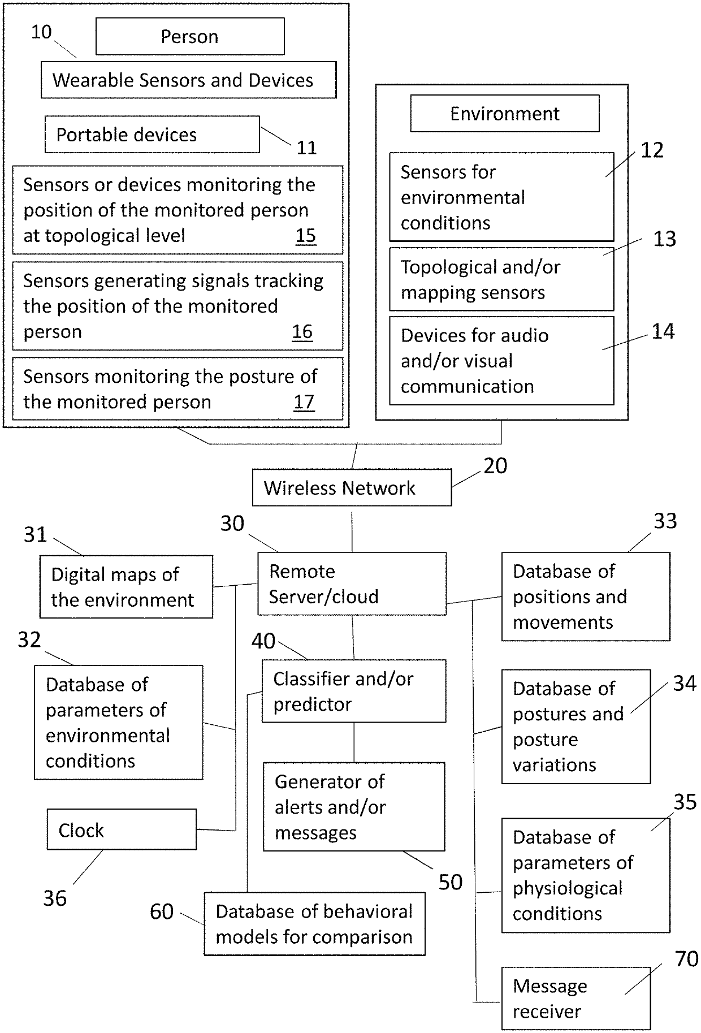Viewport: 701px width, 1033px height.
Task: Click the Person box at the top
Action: [190, 36]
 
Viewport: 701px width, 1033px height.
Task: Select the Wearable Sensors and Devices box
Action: [188, 80]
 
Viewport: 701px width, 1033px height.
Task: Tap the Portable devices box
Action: [152, 135]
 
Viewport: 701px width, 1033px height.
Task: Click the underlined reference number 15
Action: [306, 236]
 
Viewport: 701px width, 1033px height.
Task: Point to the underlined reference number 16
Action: [302, 332]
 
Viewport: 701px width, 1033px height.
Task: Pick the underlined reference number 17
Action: [304, 403]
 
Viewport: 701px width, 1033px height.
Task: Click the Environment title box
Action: [505, 113]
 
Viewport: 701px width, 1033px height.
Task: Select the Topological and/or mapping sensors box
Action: [501, 279]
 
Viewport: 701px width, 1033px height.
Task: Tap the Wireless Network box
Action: [352, 487]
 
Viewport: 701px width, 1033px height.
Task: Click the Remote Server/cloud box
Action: [352, 584]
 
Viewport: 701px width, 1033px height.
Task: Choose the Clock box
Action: [122, 829]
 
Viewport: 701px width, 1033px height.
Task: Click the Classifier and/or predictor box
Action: [354, 691]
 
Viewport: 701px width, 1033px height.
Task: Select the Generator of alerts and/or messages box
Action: [354, 807]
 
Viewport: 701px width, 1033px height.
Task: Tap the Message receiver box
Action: [575, 999]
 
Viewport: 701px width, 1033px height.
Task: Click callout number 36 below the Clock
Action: [55, 898]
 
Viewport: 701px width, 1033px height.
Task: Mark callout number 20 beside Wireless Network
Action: [495, 466]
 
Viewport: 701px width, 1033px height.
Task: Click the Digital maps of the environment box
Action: [126, 587]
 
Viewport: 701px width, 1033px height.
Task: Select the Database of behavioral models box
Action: [314, 924]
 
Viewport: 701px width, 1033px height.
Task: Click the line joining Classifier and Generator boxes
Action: [354, 742]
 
